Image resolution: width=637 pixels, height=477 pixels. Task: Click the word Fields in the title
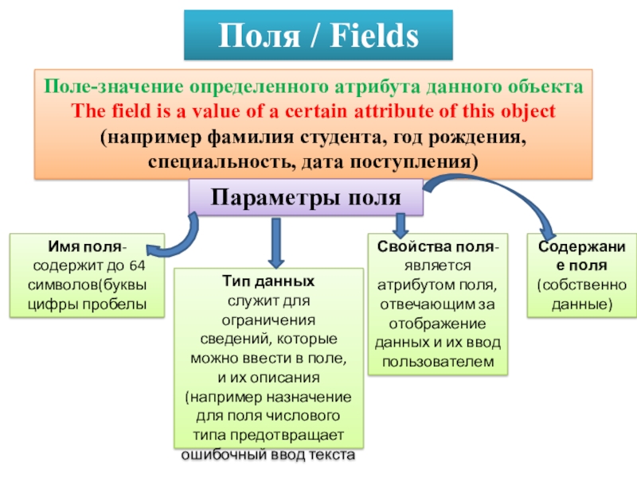(x=374, y=36)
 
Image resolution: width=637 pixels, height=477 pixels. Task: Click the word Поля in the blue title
(x=260, y=36)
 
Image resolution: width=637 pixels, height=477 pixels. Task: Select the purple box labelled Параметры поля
(x=306, y=197)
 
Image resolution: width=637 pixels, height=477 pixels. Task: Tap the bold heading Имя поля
(x=85, y=246)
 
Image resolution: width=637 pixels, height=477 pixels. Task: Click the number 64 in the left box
(x=137, y=266)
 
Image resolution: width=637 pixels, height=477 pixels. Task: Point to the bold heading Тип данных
(x=268, y=281)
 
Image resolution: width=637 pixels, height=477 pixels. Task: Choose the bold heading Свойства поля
(x=436, y=246)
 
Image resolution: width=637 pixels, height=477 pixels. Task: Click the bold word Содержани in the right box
(x=582, y=246)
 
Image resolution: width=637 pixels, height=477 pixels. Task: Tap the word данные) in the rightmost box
(x=582, y=304)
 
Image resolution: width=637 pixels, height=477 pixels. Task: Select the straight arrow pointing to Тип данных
(x=276, y=242)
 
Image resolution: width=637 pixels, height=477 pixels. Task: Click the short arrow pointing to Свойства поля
(x=401, y=226)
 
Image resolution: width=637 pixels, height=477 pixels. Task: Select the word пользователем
(x=438, y=362)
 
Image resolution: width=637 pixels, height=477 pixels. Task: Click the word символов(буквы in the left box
(x=88, y=285)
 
